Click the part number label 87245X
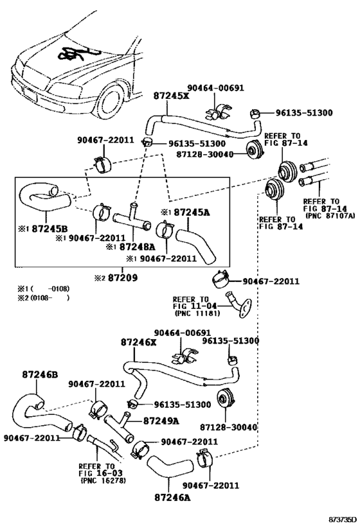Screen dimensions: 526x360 [172, 96]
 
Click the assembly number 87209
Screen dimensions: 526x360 [121, 279]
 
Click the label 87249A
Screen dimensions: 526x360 [161, 421]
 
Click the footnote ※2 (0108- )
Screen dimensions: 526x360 [44, 297]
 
